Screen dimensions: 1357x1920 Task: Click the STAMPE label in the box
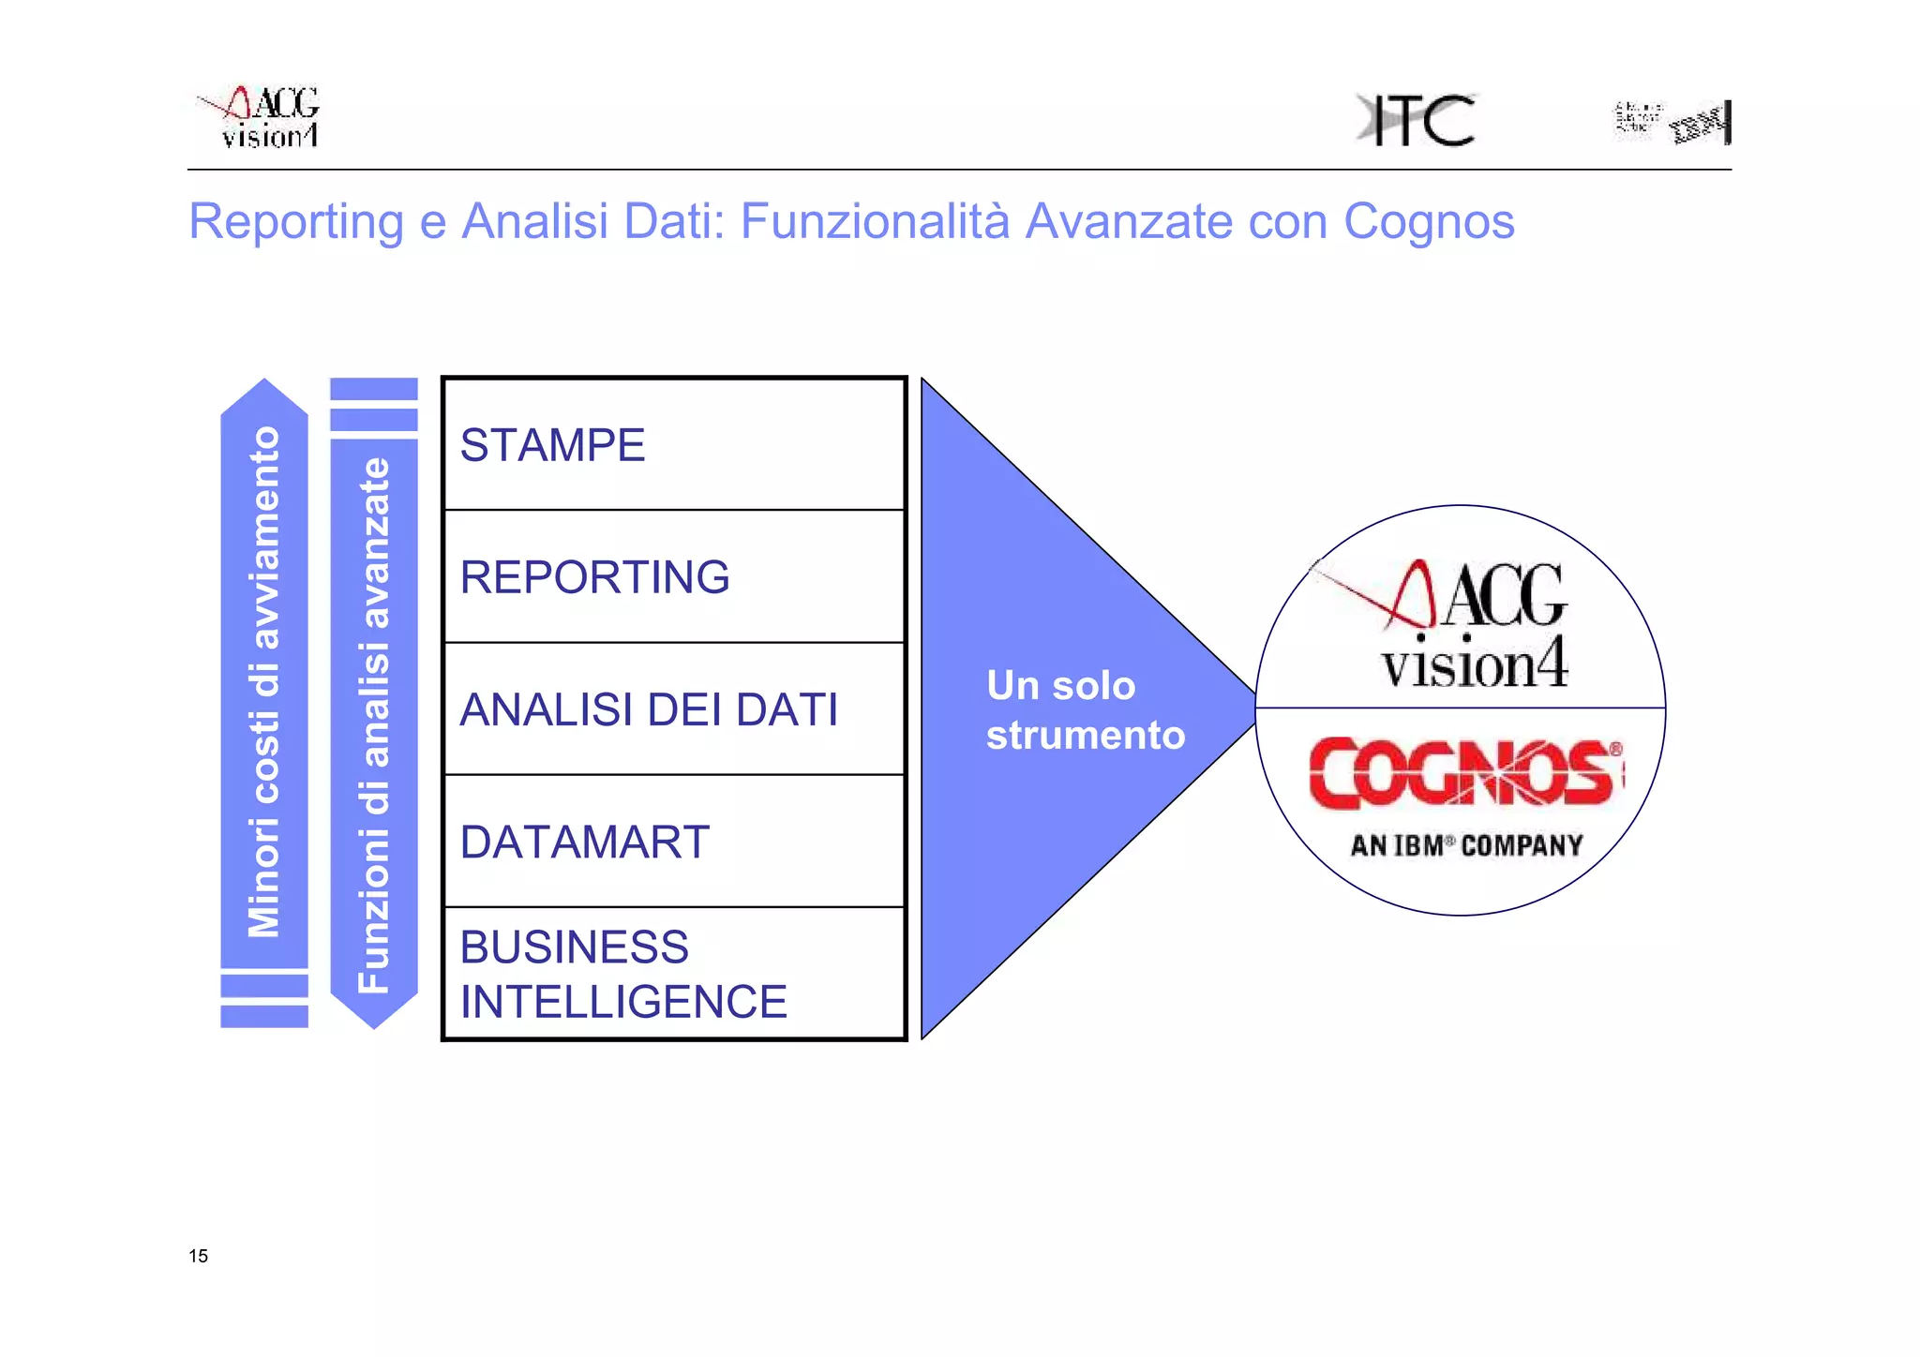pyautogui.click(x=552, y=445)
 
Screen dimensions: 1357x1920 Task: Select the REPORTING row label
pyautogui.click(x=594, y=577)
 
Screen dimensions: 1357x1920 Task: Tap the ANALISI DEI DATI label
pyautogui.click(x=649, y=709)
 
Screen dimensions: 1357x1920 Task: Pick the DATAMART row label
pyautogui.click(x=584, y=842)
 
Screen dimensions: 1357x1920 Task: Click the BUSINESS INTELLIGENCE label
pyautogui.click(x=622, y=974)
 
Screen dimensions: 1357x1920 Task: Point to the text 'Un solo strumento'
pyautogui.click(x=1085, y=710)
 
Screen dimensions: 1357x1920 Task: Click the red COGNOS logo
pyautogui.click(x=1465, y=773)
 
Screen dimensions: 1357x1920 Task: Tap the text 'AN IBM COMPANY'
pyautogui.click(x=1466, y=845)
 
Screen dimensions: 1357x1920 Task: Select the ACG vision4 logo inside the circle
pyautogui.click(x=1462, y=622)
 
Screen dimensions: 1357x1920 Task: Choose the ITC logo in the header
pyautogui.click(x=1417, y=120)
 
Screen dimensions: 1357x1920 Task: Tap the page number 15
pyautogui.click(x=198, y=1256)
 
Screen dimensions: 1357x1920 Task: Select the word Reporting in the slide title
pyautogui.click(x=296, y=222)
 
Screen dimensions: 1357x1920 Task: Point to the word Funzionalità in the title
pyautogui.click(x=875, y=222)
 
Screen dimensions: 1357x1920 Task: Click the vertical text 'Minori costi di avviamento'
pyautogui.click(x=263, y=681)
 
